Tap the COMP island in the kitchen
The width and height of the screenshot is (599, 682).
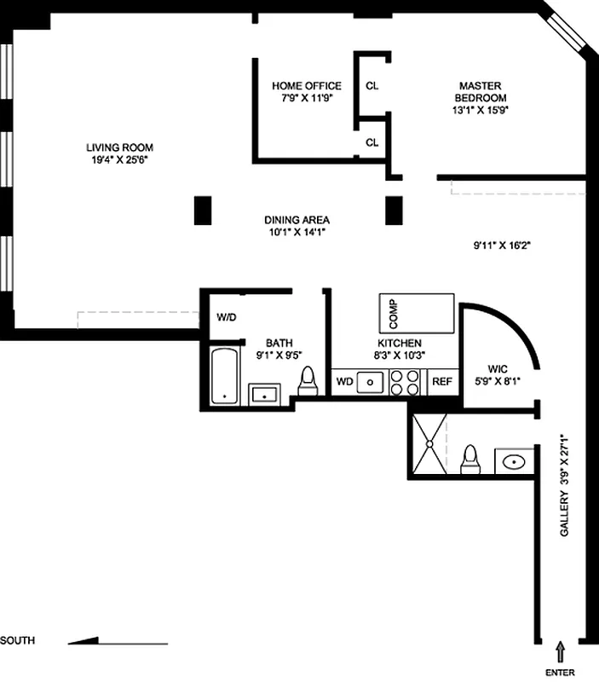tap(418, 314)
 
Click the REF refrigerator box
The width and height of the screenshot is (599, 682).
tap(441, 382)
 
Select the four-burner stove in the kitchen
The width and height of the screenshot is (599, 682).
tap(406, 382)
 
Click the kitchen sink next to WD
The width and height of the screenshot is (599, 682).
tap(371, 382)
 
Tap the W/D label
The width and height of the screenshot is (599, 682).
tap(226, 317)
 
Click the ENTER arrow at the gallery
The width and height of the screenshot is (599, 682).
tap(560, 651)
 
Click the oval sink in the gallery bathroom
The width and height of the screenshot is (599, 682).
tap(514, 462)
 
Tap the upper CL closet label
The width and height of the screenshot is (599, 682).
tap(371, 85)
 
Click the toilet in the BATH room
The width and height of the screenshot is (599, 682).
tap(308, 384)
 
